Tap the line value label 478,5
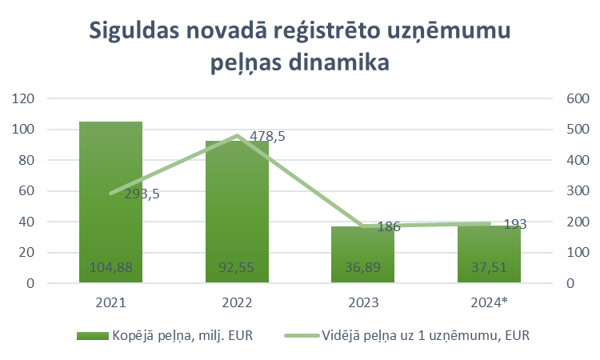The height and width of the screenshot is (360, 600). click(x=267, y=137)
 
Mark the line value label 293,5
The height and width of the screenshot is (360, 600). click(x=141, y=193)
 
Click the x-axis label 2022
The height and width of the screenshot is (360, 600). click(x=237, y=303)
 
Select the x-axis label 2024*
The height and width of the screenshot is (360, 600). click(x=489, y=303)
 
